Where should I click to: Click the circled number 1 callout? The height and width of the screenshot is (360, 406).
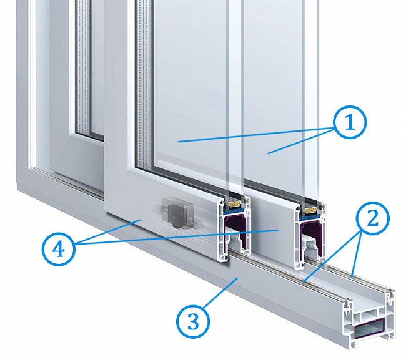pyautogui.click(x=350, y=122)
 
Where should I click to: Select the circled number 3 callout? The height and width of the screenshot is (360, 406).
pyautogui.click(x=193, y=321)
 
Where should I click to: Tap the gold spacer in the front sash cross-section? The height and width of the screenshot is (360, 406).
pyautogui.click(x=235, y=205)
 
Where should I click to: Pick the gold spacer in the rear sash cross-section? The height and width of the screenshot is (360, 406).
pyautogui.click(x=311, y=210)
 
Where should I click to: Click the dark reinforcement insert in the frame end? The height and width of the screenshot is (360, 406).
pyautogui.click(x=369, y=328)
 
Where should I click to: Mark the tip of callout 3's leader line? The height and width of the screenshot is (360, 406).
pyautogui.click(x=237, y=278)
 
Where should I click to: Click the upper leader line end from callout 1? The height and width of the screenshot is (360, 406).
pyautogui.click(x=178, y=142)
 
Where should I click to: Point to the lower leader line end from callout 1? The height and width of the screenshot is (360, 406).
pyautogui.click(x=268, y=153)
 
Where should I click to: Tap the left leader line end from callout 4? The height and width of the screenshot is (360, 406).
pyautogui.click(x=140, y=220)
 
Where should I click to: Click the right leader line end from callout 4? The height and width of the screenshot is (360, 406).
pyautogui.click(x=278, y=230)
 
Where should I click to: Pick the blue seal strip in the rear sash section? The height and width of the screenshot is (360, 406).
pyautogui.click(x=310, y=216)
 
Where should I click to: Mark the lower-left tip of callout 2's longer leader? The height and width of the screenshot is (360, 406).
pyautogui.click(x=304, y=281)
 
